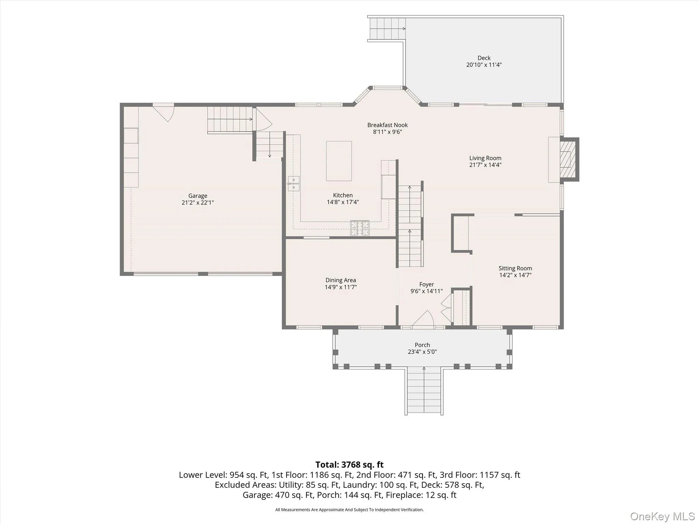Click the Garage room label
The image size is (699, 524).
(198, 196)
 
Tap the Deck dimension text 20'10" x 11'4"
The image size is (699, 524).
(484, 65)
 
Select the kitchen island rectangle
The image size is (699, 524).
(339, 161)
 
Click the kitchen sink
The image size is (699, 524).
(294, 184)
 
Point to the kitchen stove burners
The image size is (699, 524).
(360, 228)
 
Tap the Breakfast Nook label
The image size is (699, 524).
(387, 125)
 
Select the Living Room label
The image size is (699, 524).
(485, 158)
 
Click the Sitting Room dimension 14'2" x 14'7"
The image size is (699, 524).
(515, 275)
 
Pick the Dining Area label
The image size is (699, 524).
(341, 280)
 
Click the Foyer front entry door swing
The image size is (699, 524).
(423, 318)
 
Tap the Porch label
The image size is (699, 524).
(422, 345)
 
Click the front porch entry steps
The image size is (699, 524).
(424, 391)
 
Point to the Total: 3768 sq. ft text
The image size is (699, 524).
(349, 465)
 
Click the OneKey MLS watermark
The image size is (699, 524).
(662, 516)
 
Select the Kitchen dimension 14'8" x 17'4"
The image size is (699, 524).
(343, 202)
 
